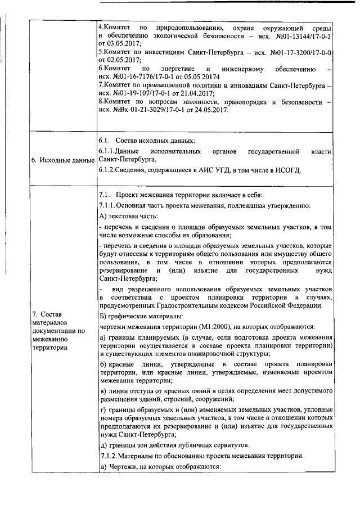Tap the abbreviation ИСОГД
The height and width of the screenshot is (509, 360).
pos(290,170)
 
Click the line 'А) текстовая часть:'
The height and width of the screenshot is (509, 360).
pos(128,215)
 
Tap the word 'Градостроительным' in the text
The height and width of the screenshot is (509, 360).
pos(203,305)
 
